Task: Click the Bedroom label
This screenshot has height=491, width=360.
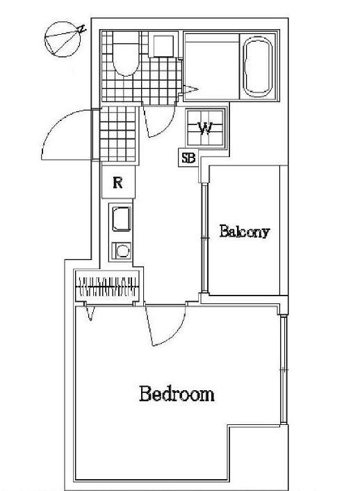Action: [177, 394]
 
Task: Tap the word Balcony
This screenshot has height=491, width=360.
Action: [244, 232]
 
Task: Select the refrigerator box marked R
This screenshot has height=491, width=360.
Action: [118, 182]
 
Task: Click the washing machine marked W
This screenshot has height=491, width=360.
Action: [205, 127]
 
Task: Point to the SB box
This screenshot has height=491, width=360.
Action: [188, 157]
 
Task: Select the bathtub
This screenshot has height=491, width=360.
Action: [258, 67]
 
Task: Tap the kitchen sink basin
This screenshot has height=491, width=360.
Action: [122, 219]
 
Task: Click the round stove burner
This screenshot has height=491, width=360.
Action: [122, 251]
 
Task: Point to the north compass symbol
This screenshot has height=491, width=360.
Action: [63, 39]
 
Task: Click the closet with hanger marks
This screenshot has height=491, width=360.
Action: [107, 287]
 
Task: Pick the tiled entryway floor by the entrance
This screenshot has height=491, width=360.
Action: [117, 134]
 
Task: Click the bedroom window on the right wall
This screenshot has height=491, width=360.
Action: [284, 370]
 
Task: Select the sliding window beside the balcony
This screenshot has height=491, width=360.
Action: [204, 238]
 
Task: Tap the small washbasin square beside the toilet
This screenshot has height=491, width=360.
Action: [163, 46]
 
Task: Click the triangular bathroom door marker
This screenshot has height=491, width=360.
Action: [190, 90]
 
